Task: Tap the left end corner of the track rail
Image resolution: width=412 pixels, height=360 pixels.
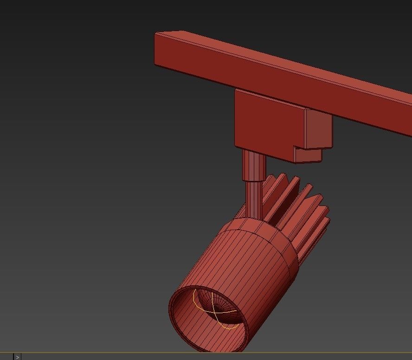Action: pyautogui.click(x=156, y=34)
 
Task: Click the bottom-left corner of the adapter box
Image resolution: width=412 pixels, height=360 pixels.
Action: pyautogui.click(x=236, y=146)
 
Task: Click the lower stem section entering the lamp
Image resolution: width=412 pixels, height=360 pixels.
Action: pyautogui.click(x=254, y=197)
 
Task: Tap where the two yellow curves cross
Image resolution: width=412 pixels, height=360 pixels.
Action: pyautogui.click(x=213, y=311)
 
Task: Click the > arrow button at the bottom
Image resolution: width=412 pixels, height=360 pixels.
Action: pyautogui.click(x=18, y=357)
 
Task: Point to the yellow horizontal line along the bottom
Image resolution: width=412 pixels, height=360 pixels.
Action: pyautogui.click(x=209, y=353)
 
